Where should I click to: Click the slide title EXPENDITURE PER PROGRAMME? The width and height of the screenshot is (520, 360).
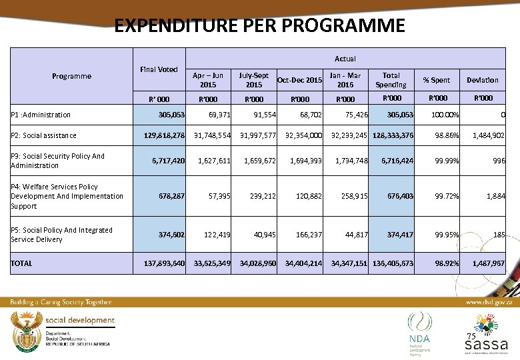pos(259,26)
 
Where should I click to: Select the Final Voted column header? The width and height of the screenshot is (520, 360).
pos(158,69)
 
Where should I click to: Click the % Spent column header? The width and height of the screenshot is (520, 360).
pos(437,80)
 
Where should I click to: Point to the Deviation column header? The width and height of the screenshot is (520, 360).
pos(482,80)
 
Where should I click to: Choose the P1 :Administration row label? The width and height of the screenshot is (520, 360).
pos(41,115)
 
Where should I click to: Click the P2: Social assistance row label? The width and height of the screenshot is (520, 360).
pos(43,135)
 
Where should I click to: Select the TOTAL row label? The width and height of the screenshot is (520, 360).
pos(21,263)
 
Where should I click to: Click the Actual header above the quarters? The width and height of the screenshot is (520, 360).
pos(345,59)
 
